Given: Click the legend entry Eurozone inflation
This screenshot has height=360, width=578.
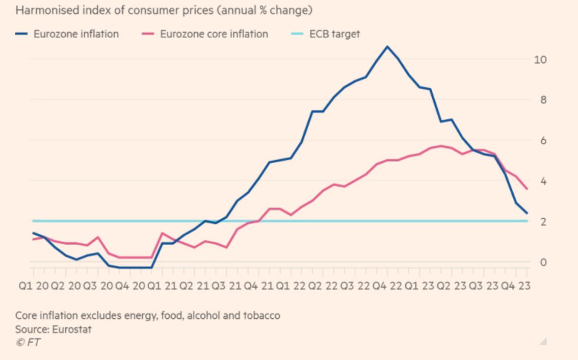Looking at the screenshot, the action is [x=67, y=34].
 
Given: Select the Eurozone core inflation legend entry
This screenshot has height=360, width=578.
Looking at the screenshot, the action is [x=205, y=34].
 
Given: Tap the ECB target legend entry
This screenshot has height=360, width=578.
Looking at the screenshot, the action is [x=326, y=34].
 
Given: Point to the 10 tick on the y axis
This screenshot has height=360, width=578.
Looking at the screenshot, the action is [x=540, y=59].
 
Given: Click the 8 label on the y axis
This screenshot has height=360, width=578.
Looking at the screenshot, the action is [x=543, y=99].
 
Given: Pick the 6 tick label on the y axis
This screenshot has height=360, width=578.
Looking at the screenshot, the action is [x=543, y=140].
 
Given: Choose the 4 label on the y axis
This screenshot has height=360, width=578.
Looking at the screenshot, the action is [x=543, y=181].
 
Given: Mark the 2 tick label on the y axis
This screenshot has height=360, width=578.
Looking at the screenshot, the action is [x=543, y=222].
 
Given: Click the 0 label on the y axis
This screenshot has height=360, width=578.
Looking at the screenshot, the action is [x=543, y=262].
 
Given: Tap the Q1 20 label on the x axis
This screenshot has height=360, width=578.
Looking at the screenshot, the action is [x=34, y=286].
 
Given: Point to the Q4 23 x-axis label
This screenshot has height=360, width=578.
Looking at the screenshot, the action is [x=515, y=286].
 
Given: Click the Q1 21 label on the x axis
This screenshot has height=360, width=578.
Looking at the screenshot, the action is [x=162, y=286].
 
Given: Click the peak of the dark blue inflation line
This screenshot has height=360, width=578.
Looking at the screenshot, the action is [x=387, y=46].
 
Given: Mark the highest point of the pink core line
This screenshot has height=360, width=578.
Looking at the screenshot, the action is [x=441, y=146].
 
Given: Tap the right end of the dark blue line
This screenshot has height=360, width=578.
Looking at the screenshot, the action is [x=527, y=213].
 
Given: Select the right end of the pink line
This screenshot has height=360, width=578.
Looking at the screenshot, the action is [x=527, y=189].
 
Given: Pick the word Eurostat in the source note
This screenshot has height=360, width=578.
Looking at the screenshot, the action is [x=71, y=329].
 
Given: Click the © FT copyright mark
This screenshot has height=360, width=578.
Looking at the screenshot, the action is [x=28, y=342].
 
